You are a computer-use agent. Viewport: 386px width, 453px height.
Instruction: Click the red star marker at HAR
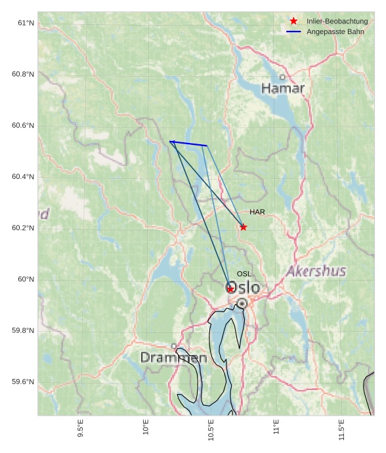(244, 227)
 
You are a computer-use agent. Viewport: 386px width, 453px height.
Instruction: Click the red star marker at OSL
(230, 288)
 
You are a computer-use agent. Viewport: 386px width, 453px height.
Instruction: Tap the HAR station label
(257, 212)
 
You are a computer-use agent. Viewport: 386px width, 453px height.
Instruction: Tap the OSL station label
(244, 274)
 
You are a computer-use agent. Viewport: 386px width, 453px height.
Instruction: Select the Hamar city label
(283, 89)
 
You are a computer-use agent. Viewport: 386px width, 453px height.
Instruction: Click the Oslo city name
(243, 288)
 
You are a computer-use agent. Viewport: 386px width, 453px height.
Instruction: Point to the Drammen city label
(173, 358)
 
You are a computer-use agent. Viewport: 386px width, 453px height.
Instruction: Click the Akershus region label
(316, 271)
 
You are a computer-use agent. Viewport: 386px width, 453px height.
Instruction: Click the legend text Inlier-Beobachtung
(337, 22)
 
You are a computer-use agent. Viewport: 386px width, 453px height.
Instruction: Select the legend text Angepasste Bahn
(335, 32)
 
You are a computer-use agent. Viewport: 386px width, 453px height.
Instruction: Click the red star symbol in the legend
(293, 22)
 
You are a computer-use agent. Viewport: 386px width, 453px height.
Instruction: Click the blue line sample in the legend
(293, 32)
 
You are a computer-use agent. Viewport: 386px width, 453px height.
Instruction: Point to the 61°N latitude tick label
(26, 23)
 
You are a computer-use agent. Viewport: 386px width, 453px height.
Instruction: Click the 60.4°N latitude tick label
(23, 177)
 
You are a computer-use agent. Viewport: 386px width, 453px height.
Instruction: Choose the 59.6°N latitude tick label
(23, 382)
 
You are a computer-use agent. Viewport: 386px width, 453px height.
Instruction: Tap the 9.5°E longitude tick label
(80, 429)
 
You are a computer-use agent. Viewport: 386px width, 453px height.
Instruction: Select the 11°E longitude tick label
(276, 427)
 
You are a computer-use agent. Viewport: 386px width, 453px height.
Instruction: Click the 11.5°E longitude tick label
(341, 429)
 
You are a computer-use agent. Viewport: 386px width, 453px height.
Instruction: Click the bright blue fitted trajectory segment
(188, 144)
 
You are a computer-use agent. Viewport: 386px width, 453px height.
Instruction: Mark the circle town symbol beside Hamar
(283, 77)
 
